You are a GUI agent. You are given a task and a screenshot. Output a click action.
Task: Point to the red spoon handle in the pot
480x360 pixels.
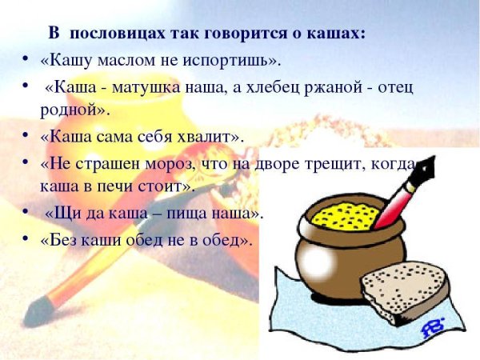[397, 200]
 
